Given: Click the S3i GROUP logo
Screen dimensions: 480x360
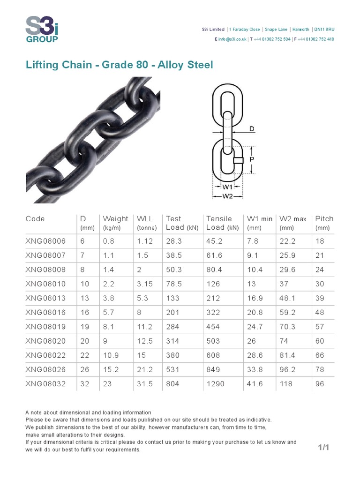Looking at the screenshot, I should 42,29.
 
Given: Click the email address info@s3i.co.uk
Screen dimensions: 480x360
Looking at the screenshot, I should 231,39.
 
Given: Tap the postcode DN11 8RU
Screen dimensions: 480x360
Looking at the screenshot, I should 324,29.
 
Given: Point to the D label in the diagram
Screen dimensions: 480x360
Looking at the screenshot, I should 252,128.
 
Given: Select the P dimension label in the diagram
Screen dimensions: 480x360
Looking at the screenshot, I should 252,159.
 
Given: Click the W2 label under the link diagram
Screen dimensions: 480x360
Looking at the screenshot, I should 227,196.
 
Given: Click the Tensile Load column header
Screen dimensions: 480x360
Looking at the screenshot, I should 219,223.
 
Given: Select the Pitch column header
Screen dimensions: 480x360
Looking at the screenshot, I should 324,219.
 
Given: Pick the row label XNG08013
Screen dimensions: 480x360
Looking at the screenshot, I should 45,298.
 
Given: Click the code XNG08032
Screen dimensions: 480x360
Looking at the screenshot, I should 45,384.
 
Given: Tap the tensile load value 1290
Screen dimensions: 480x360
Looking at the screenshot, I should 215,384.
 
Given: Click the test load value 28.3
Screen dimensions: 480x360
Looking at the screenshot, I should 173,241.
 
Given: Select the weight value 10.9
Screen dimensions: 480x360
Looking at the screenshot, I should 111,355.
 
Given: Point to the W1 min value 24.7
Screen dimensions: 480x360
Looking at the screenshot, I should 255,327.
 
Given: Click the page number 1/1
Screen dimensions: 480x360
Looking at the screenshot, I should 323,448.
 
